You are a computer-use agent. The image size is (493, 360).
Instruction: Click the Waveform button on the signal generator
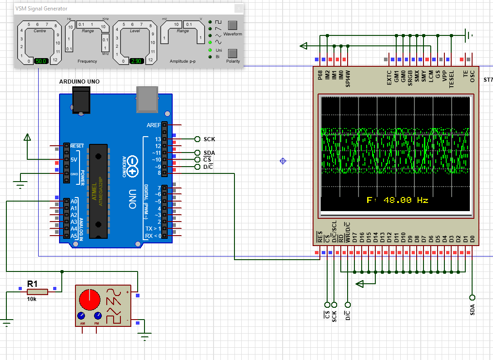(233, 25)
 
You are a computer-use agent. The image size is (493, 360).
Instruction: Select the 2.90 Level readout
(137, 61)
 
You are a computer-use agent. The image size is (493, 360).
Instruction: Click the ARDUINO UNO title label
(80, 82)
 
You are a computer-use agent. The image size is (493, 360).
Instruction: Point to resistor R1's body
(37, 291)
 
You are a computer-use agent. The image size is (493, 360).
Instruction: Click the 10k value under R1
(32, 299)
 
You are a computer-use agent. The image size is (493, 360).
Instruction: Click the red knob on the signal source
(90, 300)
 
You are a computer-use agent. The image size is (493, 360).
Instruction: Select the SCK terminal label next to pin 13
(209, 139)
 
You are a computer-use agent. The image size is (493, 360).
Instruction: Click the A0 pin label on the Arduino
(74, 201)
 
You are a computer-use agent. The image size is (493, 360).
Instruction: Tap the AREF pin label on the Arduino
(154, 125)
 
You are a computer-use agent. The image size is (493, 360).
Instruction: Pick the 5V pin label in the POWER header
(74, 160)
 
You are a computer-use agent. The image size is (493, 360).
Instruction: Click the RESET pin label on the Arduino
(77, 146)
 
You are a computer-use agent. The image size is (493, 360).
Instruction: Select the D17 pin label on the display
(355, 238)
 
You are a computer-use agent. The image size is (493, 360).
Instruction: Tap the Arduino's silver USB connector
(146, 99)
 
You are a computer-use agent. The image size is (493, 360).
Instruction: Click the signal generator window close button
(239, 9)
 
